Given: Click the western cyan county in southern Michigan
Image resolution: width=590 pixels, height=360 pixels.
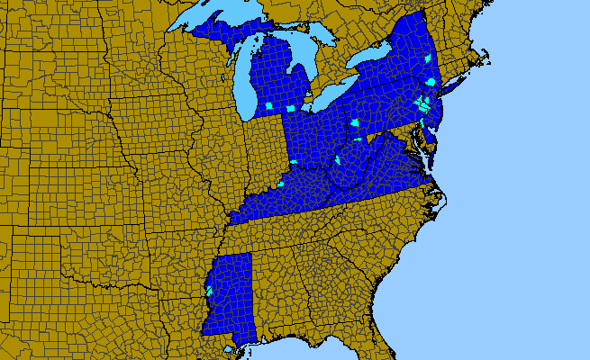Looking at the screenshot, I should click(268, 106).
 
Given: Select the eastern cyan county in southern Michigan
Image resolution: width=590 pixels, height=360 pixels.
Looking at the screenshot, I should click(291, 109).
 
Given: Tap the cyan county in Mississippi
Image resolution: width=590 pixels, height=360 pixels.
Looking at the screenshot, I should click(209, 291).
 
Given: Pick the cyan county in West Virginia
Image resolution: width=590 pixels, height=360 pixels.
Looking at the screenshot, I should click(337, 160).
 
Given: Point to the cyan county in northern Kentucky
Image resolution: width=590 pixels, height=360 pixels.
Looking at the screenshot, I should click(280, 184).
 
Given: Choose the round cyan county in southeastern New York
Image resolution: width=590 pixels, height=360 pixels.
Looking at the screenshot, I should click(431, 82).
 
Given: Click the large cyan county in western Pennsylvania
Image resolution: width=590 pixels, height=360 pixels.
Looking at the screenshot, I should click(355, 123).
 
